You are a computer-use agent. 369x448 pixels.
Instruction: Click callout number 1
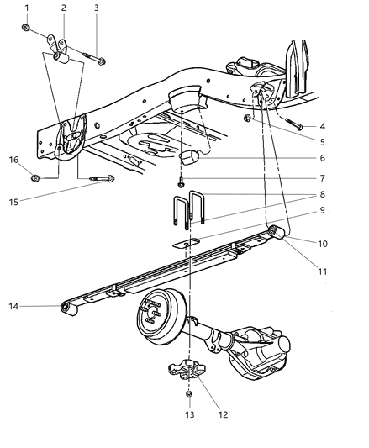[x=26, y=8]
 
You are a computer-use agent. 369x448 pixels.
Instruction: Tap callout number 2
[x=63, y=8]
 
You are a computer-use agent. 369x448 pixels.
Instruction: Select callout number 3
[x=97, y=8]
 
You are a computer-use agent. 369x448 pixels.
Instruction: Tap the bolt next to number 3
[x=98, y=60]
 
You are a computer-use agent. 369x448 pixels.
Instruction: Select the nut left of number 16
[x=34, y=177]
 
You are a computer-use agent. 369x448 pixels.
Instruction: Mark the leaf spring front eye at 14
[x=66, y=307]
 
